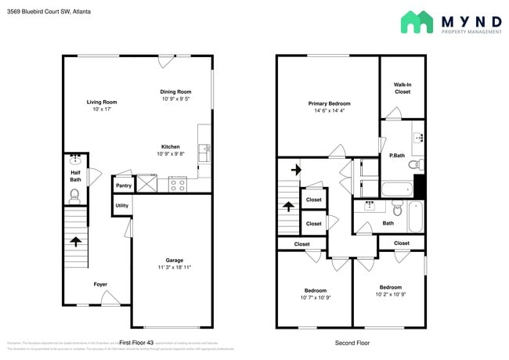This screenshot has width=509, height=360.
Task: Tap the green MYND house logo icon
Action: click(x=417, y=22)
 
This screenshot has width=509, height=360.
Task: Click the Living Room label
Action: click(x=101, y=102)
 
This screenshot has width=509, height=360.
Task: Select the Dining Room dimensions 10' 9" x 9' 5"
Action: click(x=175, y=99)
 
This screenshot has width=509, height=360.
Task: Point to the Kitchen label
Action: click(x=171, y=146)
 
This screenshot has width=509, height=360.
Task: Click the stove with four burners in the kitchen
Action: click(x=177, y=184)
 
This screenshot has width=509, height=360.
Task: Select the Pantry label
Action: click(x=123, y=185)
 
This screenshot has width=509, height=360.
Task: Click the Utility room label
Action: click(x=122, y=206)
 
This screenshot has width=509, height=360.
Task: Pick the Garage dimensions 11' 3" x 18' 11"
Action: click(x=173, y=267)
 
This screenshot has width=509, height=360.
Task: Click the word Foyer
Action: click(x=101, y=284)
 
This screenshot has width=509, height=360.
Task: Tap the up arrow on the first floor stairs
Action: click(x=77, y=241)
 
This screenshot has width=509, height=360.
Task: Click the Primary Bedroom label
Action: click(x=329, y=103)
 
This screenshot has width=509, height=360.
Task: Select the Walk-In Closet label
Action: click(x=403, y=88)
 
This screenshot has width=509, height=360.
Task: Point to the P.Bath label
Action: click(x=396, y=156)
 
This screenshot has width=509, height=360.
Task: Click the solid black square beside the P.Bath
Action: click(x=419, y=186)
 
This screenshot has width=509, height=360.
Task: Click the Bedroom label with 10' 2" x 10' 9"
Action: click(x=390, y=287)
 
